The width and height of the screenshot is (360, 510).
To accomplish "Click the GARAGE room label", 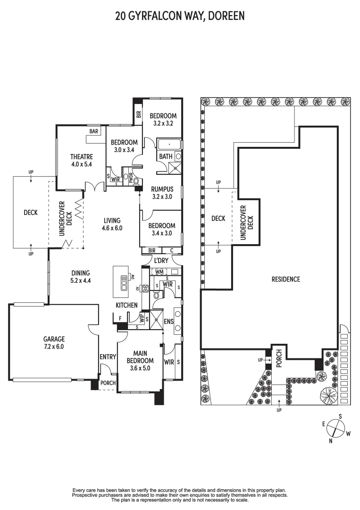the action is [x=54, y=339].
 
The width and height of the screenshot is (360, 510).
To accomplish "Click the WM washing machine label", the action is [x=159, y=272].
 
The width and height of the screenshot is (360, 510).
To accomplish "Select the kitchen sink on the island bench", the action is [x=125, y=282].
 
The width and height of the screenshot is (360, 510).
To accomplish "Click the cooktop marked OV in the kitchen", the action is [x=145, y=289].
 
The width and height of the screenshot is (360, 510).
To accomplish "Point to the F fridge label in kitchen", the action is [x=120, y=318].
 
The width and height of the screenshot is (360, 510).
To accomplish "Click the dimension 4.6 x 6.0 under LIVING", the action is [x=112, y=228].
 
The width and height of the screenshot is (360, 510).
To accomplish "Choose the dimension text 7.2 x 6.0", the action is [x=54, y=346].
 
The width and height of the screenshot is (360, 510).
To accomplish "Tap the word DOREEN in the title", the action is [x=225, y=16].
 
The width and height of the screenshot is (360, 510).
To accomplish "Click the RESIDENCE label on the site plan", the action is [x=285, y=279].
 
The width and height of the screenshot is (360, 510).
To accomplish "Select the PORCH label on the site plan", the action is [x=279, y=355].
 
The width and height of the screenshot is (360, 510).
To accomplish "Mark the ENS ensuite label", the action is [x=168, y=322].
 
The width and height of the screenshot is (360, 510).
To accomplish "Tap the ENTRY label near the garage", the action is [x=108, y=357].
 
